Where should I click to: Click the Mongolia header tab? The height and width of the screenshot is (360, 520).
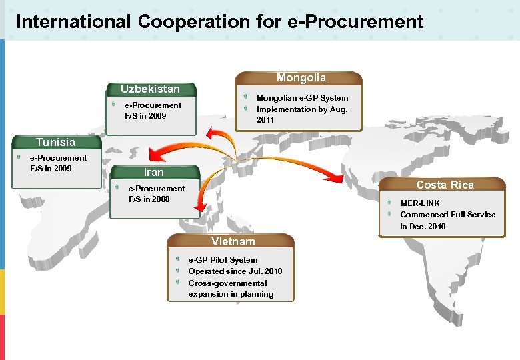(301, 78)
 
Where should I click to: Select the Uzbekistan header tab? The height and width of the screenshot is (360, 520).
(150, 89)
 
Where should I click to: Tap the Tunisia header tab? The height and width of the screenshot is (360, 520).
(55, 142)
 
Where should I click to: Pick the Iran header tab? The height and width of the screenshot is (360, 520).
(153, 172)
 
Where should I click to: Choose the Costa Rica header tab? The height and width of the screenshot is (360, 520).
(445, 185)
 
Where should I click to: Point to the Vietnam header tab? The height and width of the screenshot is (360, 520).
(233, 241)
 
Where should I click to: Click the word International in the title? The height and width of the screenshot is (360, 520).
(73, 22)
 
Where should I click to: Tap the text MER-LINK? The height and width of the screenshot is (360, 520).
(420, 203)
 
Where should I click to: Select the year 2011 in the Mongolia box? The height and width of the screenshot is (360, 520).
(265, 121)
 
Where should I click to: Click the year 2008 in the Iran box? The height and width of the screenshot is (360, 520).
(161, 199)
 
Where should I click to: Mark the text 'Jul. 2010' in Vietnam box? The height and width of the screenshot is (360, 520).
(264, 271)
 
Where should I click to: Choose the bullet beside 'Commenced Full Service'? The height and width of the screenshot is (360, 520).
(390, 214)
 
